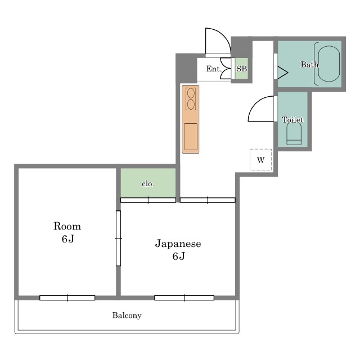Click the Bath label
click(x=309, y=65)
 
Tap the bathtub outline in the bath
click(x=318, y=64)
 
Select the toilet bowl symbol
click(x=294, y=134)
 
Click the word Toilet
click(x=292, y=120)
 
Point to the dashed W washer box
click(x=260, y=160)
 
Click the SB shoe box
click(x=241, y=69)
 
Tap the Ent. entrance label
click(x=214, y=69)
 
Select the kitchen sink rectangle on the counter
click(x=191, y=137)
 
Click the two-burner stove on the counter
click(x=191, y=99)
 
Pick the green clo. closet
click(x=148, y=183)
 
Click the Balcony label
click(x=127, y=315)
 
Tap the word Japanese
click(x=178, y=244)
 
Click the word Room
click(x=67, y=226)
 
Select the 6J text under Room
click(x=67, y=239)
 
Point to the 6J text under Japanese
click(x=179, y=256)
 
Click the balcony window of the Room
click(x=67, y=298)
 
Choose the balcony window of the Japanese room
click(x=184, y=298)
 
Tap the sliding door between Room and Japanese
click(x=118, y=238)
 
